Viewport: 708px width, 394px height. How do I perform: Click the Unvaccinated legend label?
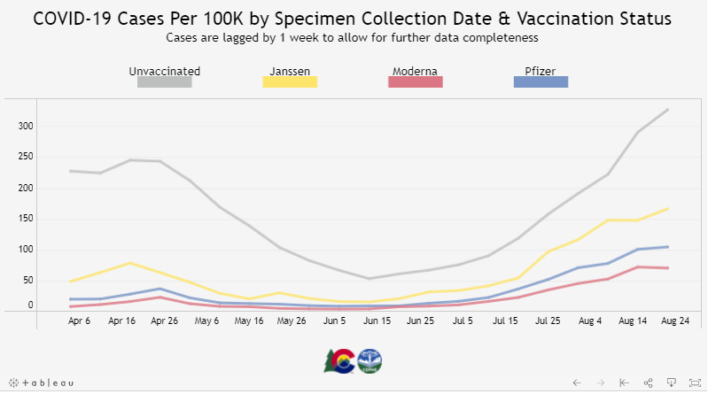164,71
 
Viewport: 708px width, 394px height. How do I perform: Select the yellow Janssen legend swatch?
290,82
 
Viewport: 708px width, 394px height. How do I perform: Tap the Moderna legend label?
414,71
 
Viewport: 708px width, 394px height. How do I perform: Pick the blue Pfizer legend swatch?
541,82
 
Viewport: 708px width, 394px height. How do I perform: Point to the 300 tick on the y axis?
26,127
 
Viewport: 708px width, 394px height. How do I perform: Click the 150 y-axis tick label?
26,219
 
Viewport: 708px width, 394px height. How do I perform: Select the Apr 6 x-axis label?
80,321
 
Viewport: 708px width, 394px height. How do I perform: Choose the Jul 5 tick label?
463,321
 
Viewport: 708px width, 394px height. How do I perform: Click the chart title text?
353,19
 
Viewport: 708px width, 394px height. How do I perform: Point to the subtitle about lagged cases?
353,38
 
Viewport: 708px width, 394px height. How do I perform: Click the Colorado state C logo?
340,361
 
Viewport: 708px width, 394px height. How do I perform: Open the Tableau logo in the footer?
39,382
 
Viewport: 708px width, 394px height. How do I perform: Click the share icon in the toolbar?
649,382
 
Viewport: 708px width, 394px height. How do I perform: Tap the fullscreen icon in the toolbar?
693,382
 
